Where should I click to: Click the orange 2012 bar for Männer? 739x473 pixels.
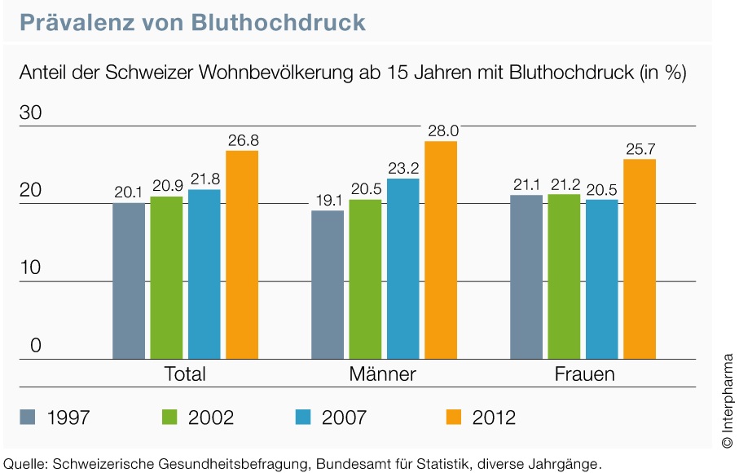441,250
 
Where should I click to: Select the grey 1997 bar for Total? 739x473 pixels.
129,281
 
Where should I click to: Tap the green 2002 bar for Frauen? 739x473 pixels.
564,276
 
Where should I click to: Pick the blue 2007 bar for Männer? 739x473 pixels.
402,268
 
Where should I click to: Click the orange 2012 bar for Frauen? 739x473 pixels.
640,259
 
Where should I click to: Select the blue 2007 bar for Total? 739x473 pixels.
204,274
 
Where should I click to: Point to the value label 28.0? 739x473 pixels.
441,130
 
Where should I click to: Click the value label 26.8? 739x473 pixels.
243,140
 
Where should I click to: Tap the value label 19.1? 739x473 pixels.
328,200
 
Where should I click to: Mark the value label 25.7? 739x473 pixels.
640,148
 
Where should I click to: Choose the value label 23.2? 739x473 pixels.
402,168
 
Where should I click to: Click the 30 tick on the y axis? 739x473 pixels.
30,113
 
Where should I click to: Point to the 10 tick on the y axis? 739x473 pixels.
30,268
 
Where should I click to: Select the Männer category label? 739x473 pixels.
382,374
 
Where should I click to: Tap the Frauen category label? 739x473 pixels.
584,374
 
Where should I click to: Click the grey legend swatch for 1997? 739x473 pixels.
28,418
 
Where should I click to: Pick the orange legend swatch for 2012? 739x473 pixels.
453,418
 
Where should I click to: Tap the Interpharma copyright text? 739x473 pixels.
727,400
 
